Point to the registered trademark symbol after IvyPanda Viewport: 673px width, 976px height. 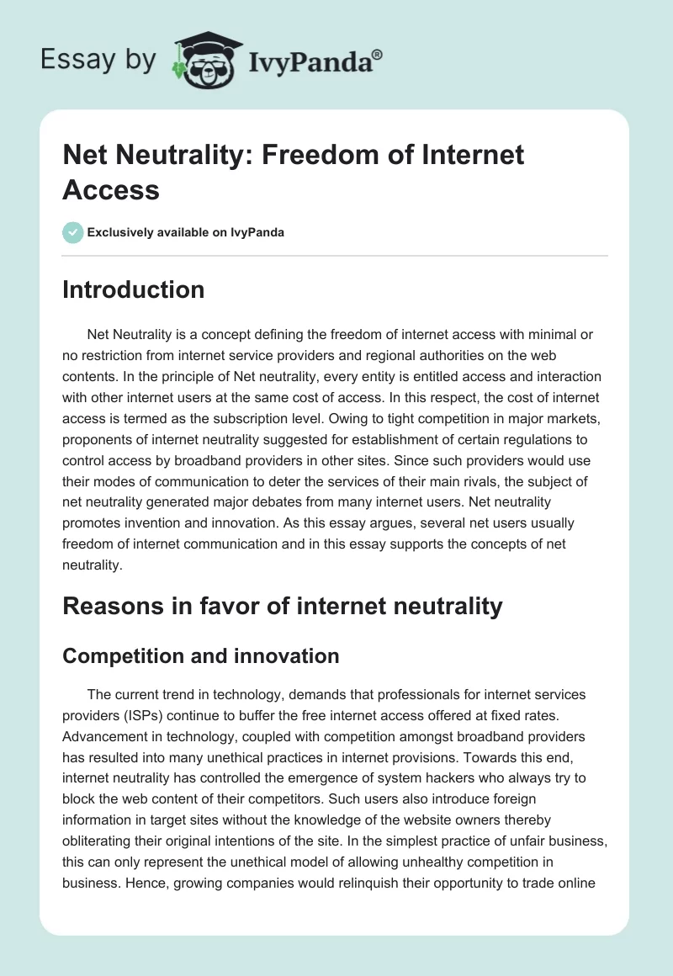tap(378, 55)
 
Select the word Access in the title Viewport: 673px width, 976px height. tap(111, 189)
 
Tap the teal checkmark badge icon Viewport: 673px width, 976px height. tap(73, 232)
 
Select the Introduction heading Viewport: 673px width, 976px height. tap(134, 289)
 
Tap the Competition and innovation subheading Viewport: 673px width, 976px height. tap(201, 655)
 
